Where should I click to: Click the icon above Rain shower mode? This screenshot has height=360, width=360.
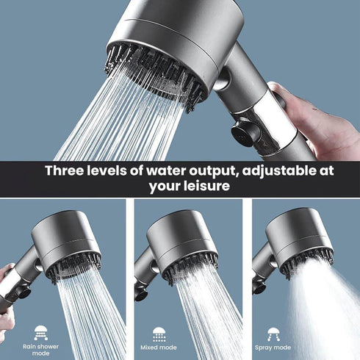click(x=41, y=331)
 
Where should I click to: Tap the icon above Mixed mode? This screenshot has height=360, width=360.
click(x=159, y=333)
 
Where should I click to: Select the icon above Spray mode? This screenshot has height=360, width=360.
click(x=273, y=333)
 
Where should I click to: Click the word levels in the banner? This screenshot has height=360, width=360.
click(x=110, y=170)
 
